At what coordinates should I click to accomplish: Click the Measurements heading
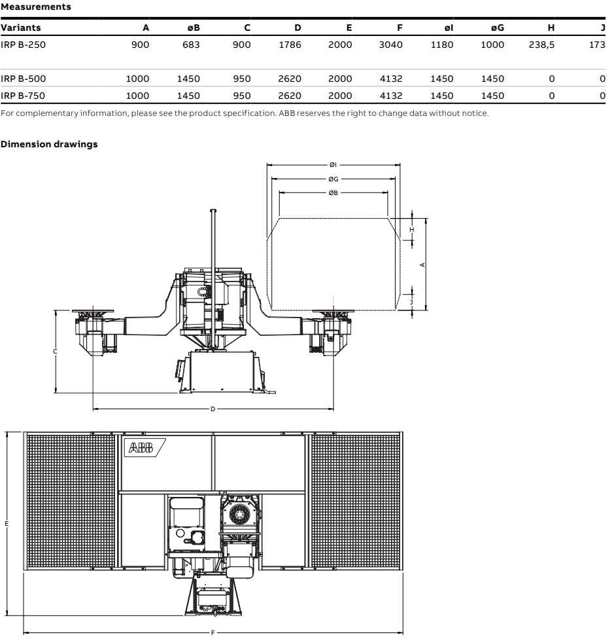click(35, 7)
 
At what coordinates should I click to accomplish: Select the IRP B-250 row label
click(24, 45)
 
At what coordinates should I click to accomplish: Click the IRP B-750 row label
click(24, 96)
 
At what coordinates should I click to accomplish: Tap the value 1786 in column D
click(289, 45)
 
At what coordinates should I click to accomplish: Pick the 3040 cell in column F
click(390, 45)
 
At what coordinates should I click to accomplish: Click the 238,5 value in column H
click(541, 45)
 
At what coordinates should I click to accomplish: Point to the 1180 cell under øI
click(441, 45)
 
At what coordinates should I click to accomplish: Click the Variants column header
click(21, 27)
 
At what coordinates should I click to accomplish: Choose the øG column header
click(498, 27)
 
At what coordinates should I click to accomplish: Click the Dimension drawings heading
click(49, 144)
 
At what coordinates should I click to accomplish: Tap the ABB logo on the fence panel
click(141, 448)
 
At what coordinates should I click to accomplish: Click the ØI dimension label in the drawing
click(333, 165)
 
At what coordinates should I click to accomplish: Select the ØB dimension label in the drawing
click(333, 193)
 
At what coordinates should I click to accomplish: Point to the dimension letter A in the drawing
click(422, 265)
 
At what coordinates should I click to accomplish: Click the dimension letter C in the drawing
click(55, 352)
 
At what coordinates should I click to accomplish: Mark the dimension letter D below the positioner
click(212, 409)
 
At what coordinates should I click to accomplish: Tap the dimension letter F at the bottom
click(212, 633)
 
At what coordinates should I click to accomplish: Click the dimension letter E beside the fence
click(7, 524)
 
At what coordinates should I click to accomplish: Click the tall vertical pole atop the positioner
click(212, 242)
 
